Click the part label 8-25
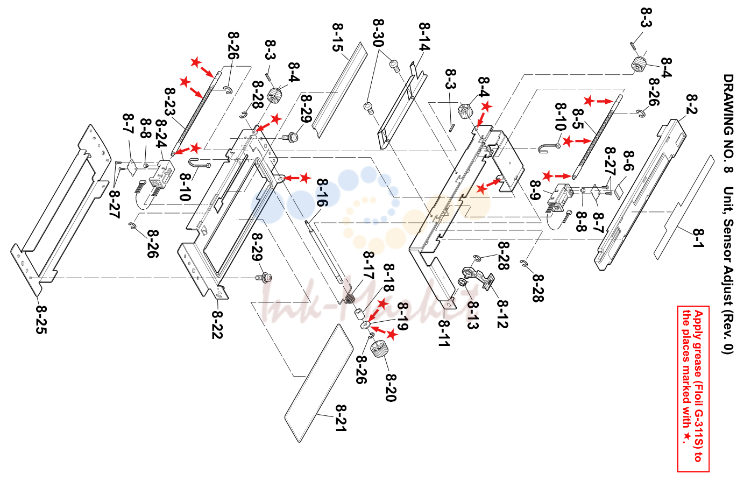[41, 320]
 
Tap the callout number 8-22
[217, 324]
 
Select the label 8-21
[341, 418]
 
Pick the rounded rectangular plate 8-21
[318, 383]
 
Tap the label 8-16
[322, 192]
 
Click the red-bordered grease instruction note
[693, 388]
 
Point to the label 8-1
[698, 238]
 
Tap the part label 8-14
[424, 37]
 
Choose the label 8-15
[338, 37]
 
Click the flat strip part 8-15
[340, 90]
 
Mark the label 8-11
[444, 334]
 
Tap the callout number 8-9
[535, 190]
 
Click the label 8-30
[378, 33]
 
